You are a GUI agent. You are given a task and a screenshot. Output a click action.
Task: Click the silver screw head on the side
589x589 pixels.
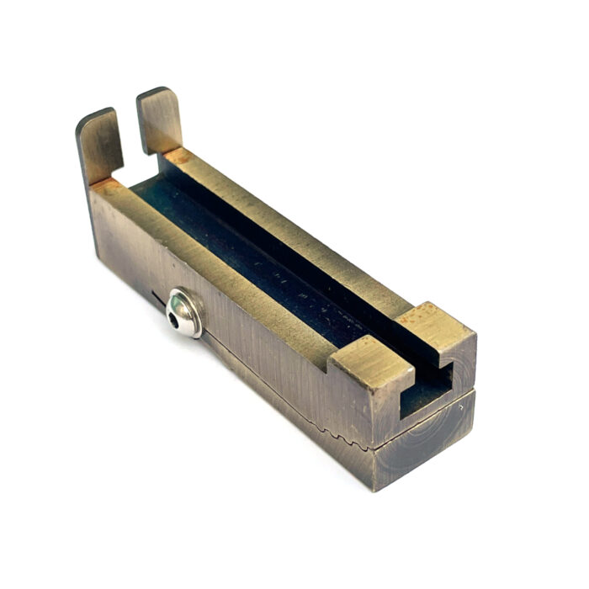point(184,312)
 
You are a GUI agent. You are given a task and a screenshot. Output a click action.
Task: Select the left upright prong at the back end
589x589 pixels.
point(100,146)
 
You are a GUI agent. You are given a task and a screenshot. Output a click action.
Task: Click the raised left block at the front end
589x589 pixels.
point(363,363)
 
